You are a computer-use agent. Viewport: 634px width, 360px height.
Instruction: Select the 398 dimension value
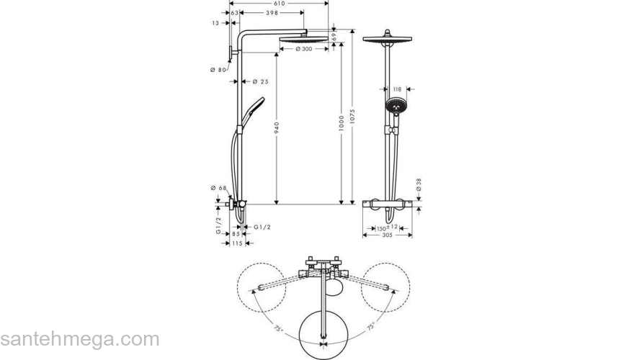click(272, 13)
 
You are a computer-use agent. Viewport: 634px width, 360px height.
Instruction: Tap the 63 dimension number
click(234, 13)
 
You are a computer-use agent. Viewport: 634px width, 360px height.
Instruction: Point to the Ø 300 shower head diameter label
click(303, 49)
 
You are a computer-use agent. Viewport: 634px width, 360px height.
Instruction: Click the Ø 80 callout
click(218, 69)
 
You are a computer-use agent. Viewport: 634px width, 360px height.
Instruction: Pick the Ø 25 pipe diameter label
click(260, 82)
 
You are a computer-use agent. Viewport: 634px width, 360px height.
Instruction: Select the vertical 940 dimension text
click(277, 130)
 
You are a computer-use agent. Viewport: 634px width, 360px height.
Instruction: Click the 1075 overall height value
click(352, 108)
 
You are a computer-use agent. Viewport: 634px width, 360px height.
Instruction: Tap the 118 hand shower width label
click(396, 90)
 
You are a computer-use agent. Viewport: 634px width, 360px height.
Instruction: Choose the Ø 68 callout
click(218, 189)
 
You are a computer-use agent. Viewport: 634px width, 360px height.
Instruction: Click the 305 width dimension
click(387, 235)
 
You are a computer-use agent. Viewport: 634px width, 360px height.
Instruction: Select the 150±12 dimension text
click(387, 228)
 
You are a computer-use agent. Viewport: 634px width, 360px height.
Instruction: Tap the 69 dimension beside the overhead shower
click(334, 36)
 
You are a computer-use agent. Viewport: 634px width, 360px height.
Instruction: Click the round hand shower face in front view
click(395, 107)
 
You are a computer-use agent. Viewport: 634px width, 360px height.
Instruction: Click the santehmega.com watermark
click(79, 339)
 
